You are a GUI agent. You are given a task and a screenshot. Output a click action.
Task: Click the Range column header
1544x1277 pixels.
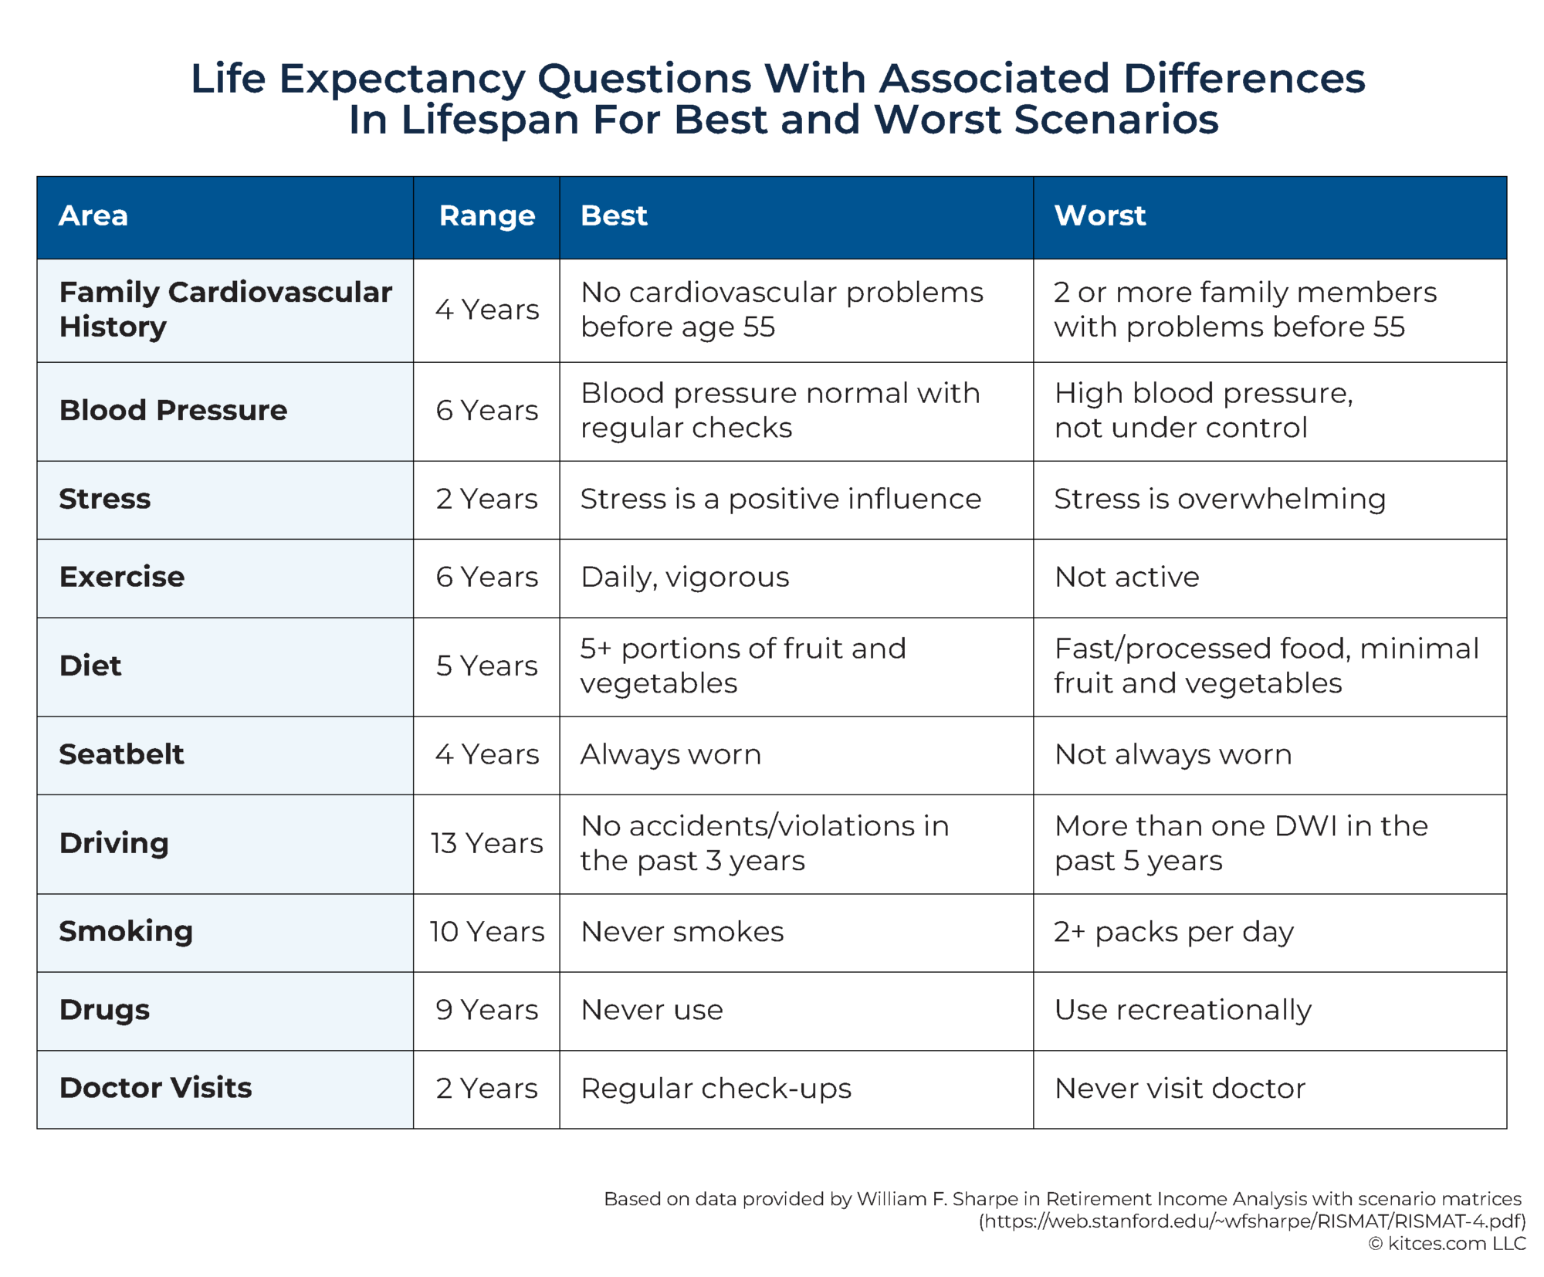click(486, 216)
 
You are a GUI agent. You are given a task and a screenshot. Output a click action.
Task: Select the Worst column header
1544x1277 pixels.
click(1099, 216)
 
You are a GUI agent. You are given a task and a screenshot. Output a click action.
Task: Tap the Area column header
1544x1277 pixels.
click(93, 216)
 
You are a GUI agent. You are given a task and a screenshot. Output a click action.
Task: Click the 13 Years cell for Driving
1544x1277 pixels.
click(486, 843)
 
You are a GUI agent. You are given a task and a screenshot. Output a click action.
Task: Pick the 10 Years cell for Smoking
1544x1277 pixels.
click(486, 932)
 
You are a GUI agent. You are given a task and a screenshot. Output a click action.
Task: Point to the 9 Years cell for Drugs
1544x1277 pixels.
click(486, 1010)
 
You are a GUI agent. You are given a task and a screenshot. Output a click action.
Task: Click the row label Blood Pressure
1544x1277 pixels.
click(173, 410)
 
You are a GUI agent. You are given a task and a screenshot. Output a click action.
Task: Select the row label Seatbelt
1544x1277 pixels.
click(121, 754)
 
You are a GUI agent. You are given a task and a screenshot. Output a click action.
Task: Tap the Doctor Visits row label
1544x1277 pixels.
click(155, 1088)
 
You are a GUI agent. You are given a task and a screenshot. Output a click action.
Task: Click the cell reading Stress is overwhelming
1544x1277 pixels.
click(1220, 499)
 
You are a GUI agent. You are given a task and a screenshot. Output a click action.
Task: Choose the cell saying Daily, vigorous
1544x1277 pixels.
click(685, 577)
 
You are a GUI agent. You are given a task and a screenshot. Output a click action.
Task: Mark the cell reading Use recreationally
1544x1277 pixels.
click(1183, 1010)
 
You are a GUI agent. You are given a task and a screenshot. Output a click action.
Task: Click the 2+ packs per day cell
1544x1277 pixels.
click(1173, 932)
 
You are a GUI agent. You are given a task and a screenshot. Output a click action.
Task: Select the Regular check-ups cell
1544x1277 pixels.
click(716, 1088)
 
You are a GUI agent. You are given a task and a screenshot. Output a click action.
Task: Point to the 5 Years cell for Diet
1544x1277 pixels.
click(486, 666)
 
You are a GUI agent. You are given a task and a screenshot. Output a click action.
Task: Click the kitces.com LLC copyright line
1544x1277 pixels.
click(1447, 1244)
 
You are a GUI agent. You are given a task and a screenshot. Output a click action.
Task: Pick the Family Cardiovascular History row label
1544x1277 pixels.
click(225, 309)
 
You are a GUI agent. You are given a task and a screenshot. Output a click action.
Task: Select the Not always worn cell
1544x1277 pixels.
click(1173, 754)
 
